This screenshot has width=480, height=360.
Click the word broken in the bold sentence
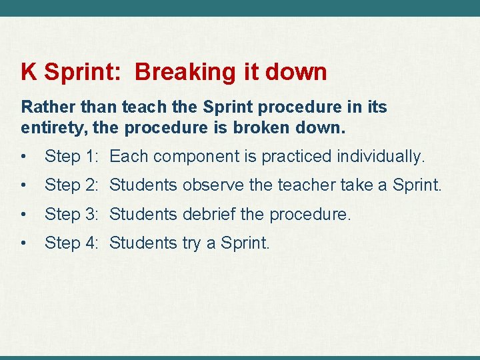tap(263, 127)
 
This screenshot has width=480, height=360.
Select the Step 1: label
tap(72, 157)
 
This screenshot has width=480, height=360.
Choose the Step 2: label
tap(72, 185)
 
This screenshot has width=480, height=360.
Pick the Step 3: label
tap(72, 215)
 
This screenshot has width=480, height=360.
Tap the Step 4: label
tap(72, 243)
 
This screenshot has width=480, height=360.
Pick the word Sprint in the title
tap(83, 71)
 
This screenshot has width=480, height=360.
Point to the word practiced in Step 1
tap(297, 157)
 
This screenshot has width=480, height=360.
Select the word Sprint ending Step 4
tap(245, 243)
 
